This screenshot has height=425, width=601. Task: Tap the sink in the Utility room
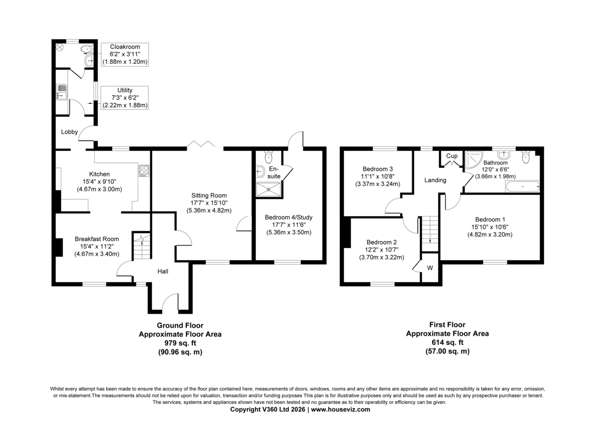coord(62,92)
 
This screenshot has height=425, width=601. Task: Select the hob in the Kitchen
coord(144,170)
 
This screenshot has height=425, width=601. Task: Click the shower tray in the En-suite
coord(268,189)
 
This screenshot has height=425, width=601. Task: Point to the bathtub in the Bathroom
coord(522,186)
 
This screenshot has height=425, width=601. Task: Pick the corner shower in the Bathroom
coord(473,159)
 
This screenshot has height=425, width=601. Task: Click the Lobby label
coord(69,132)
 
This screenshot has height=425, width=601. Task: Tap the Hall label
coord(163,272)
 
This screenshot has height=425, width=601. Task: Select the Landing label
coord(435,180)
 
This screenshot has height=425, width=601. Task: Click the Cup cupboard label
coord(452,156)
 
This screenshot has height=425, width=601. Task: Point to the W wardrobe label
coord(430,268)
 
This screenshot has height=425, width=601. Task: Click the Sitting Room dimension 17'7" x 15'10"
coord(209,203)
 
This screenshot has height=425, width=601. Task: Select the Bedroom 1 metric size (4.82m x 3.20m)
coord(490,235)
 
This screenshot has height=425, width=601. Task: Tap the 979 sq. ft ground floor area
coord(180,343)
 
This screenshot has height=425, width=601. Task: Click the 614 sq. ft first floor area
coord(447,342)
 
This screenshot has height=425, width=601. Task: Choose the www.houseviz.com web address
coord(341,409)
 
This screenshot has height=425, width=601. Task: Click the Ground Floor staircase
coord(142,246)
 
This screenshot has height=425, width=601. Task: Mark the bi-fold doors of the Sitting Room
coord(201,144)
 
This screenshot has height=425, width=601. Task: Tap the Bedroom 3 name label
coord(378,169)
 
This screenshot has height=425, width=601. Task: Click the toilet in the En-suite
coord(268,157)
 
